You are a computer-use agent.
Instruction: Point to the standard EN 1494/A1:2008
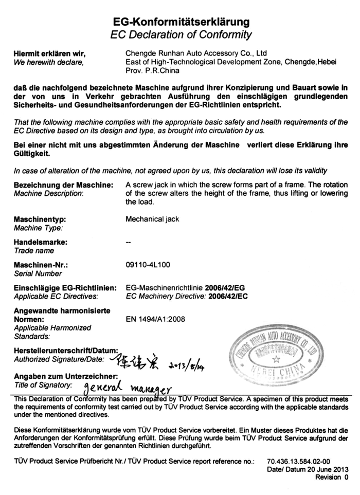click(155, 319)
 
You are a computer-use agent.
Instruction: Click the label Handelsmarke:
click(41, 242)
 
